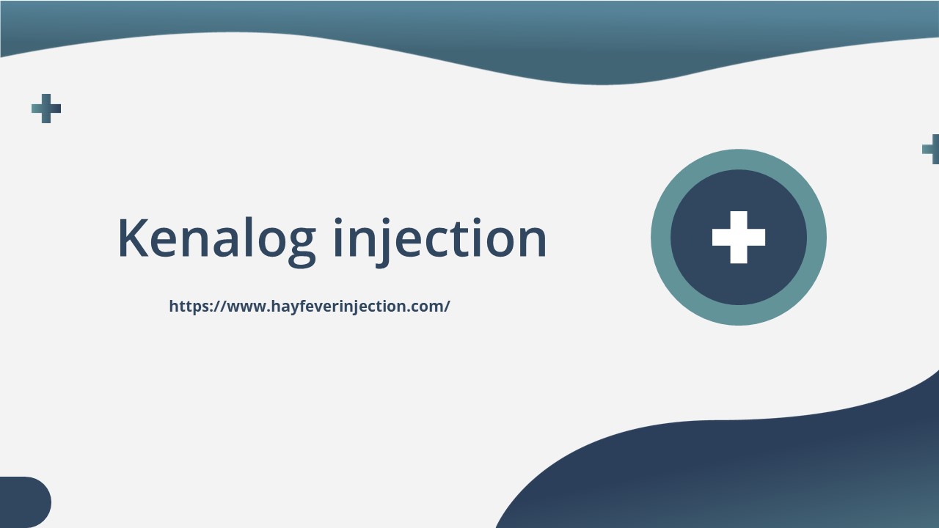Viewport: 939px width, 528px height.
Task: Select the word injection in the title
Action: (440, 238)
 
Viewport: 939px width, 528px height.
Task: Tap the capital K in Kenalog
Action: (134, 238)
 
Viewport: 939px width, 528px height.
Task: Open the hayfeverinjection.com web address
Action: (309, 307)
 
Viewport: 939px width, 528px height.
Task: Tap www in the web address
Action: (246, 307)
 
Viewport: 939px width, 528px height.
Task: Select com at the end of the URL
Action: (428, 307)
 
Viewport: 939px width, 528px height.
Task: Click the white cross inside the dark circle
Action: (739, 237)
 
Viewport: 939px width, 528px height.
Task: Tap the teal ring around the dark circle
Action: (739, 159)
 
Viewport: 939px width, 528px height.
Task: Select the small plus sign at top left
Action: (46, 109)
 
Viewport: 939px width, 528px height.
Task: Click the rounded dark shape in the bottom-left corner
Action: (23, 502)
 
